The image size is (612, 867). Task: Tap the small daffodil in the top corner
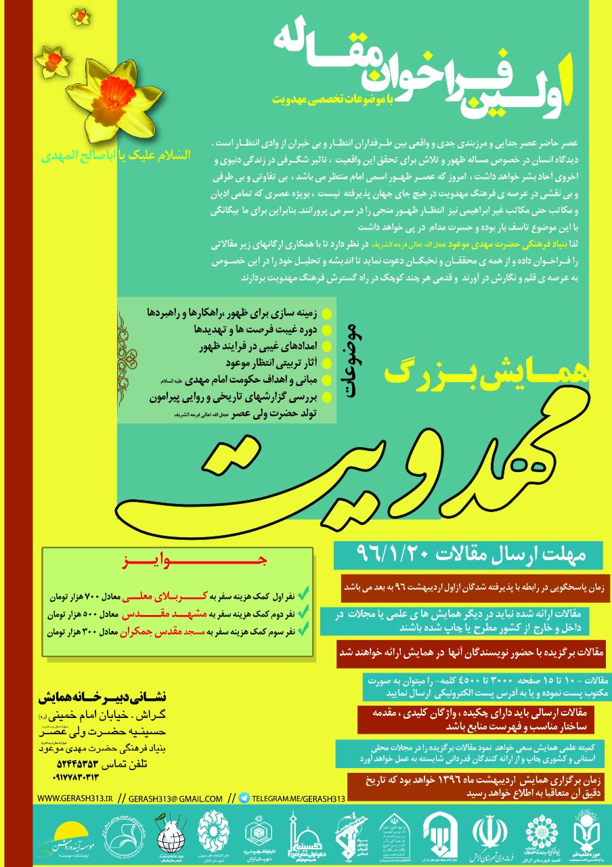pos(81,15)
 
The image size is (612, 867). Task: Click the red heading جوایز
pos(177,562)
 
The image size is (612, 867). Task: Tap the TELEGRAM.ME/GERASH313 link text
pos(299,798)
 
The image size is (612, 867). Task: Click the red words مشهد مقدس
pos(148,614)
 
